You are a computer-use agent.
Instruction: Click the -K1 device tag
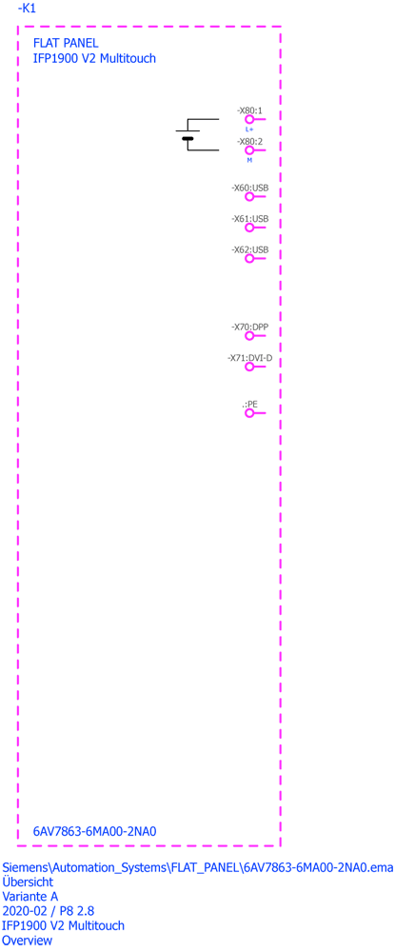pos(28,10)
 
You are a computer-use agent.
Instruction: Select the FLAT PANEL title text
pos(66,43)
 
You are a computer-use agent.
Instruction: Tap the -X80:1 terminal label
pos(249,110)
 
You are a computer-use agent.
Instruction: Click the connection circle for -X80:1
pos(248,120)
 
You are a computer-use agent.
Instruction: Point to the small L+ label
pos(249,129)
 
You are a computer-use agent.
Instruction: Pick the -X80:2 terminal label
pos(249,142)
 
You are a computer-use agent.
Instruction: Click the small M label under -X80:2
pos(249,160)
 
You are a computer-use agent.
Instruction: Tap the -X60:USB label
pos(249,188)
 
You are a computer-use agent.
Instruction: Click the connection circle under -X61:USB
pos(248,228)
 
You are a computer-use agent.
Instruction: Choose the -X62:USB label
pos(249,249)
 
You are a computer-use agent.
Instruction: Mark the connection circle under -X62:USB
pos(248,259)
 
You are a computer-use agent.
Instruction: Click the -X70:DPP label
pos(249,327)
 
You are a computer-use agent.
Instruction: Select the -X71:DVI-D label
pos(249,358)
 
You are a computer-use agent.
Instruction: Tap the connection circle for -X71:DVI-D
pos(248,367)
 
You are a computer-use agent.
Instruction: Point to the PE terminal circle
pos(248,413)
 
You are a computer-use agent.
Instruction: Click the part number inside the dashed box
pos(95,831)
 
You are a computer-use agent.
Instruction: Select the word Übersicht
pos(28,882)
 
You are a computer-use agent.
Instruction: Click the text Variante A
pos(30,896)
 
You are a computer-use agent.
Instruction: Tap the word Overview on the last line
pos(28,941)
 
